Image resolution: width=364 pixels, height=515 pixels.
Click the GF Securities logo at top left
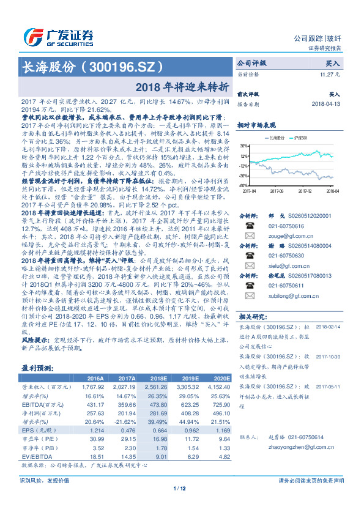(58, 37)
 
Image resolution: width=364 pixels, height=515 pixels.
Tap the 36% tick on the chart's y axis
(243, 147)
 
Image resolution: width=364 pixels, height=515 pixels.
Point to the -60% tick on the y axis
(243, 185)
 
